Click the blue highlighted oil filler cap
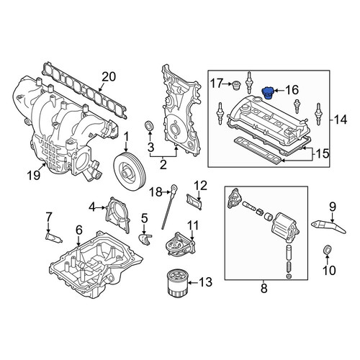click(x=267, y=93)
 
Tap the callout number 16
click(x=292, y=91)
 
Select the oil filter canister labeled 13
click(x=176, y=283)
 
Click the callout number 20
click(x=109, y=77)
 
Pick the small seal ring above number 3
click(x=149, y=126)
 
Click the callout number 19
click(x=34, y=176)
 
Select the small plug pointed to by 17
click(x=237, y=86)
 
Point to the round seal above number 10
click(x=327, y=250)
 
